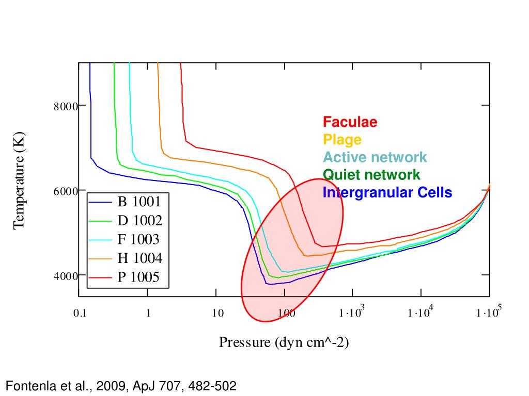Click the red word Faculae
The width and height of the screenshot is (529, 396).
[350, 122]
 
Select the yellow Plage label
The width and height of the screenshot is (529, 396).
[342, 140]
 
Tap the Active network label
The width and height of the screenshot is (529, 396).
[375, 157]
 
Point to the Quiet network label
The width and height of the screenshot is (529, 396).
[371, 175]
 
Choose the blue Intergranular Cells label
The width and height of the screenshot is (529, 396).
[387, 193]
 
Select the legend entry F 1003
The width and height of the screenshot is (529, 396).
[138, 239]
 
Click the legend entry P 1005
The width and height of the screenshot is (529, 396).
[139, 277]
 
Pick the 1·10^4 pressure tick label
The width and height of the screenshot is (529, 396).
[421, 312]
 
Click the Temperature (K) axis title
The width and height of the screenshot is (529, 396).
[19, 180]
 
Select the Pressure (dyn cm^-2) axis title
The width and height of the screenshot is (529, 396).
[284, 342]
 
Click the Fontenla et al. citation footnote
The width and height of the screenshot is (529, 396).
[121, 385]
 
